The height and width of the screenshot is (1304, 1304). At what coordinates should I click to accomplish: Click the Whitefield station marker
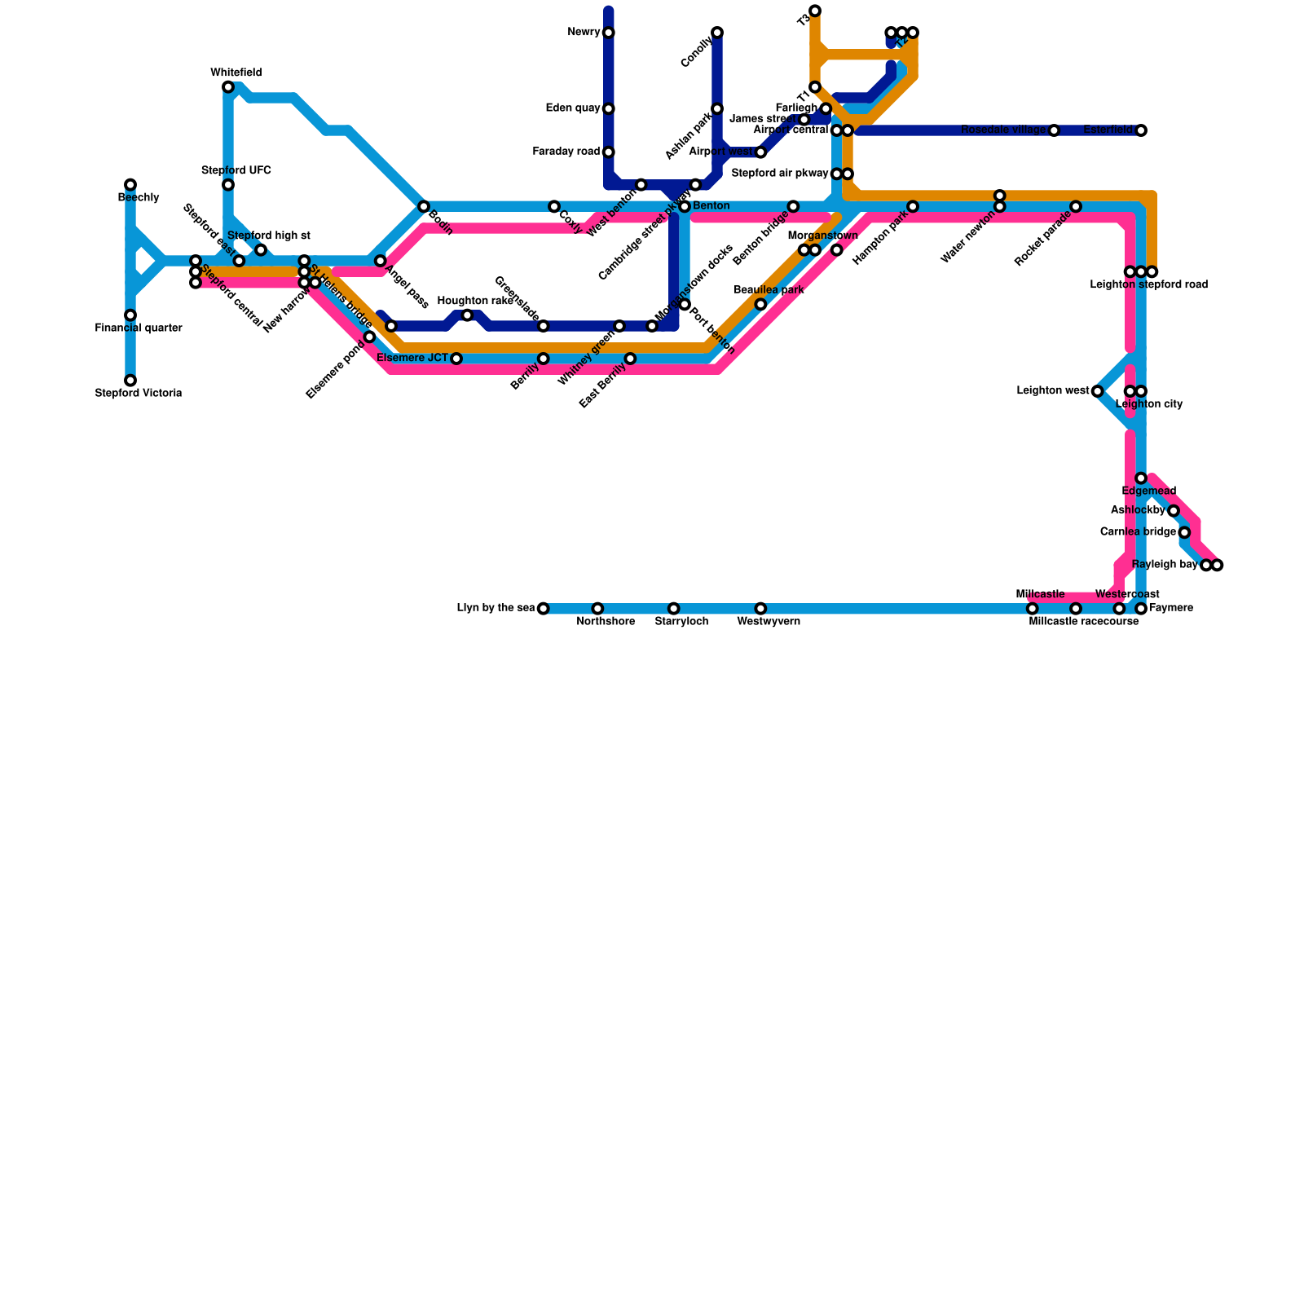228,87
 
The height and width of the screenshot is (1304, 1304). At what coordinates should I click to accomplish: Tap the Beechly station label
139,198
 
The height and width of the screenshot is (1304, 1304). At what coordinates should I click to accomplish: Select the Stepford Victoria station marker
130,381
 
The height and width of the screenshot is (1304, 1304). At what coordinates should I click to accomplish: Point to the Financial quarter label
139,328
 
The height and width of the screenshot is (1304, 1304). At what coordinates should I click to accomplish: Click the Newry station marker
609,33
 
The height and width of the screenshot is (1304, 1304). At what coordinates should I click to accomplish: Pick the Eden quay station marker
609,108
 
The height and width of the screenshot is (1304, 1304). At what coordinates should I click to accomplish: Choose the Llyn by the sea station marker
544,609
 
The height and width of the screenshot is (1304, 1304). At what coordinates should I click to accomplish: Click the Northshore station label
606,622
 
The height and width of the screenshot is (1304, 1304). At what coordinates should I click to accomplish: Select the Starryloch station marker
673,609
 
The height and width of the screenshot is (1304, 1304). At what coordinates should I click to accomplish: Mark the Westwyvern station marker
760,609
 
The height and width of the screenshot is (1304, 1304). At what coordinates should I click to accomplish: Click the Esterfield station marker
1141,130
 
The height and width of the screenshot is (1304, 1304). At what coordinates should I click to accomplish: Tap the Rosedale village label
1003,130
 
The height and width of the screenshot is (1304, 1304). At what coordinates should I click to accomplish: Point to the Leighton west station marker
1098,391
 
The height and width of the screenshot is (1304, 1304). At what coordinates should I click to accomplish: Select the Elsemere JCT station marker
456,359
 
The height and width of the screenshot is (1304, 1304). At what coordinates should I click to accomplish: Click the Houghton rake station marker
467,315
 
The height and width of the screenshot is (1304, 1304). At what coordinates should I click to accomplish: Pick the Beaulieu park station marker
760,305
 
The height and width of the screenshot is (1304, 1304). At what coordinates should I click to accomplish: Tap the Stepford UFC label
236,171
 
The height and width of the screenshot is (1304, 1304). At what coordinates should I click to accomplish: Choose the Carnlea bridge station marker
1184,532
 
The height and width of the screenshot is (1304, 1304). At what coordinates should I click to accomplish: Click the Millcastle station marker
1033,609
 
